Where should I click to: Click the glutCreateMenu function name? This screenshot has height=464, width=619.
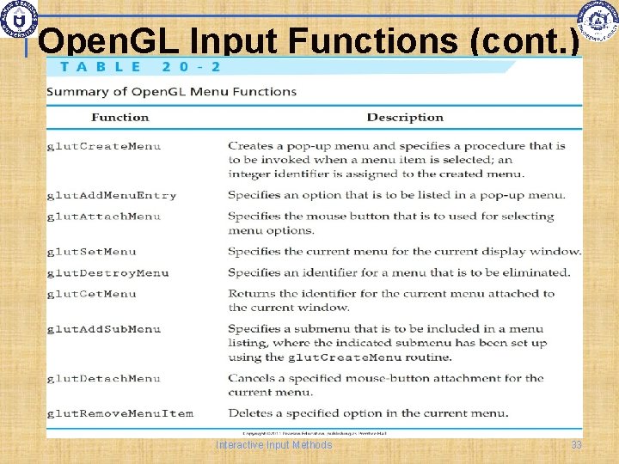coord(104,146)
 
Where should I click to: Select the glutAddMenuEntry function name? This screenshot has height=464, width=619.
coord(112,195)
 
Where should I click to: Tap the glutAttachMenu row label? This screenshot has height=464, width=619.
coord(104,216)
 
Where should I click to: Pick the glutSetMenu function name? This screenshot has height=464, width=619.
coord(92,252)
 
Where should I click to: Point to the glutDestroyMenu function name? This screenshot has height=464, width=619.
coord(107,273)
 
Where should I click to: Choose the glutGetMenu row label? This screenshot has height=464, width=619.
coord(92,294)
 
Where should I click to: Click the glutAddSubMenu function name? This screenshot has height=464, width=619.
coord(104,329)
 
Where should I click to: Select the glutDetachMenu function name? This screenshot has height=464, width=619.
coord(104,378)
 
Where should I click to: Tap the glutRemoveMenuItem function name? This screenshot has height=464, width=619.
coord(120,413)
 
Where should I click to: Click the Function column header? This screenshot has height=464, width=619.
coord(120,118)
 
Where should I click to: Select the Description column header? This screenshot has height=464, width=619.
coord(405,118)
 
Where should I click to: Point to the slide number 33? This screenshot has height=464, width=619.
coord(576,445)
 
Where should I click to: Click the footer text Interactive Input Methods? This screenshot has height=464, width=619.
coord(274,445)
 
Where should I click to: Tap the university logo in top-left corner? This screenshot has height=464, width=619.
coord(19,18)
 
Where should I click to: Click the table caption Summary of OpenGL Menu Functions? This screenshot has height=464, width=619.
coord(171,91)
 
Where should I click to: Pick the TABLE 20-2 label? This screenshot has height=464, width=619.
coord(140,67)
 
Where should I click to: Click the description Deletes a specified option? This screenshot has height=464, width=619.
coord(368,413)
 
